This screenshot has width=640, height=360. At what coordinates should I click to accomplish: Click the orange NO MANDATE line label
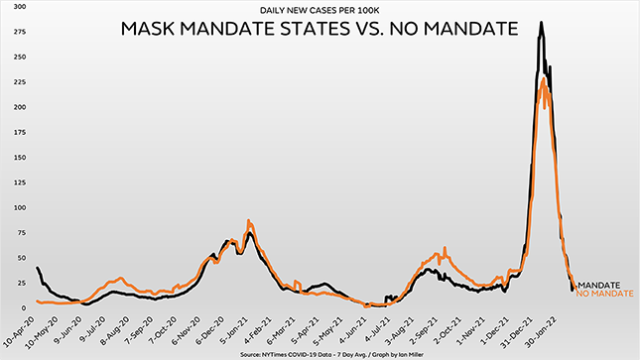[604, 295]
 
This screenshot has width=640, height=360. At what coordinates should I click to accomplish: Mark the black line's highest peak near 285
[541, 23]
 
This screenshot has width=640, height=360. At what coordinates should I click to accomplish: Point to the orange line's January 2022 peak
[543, 80]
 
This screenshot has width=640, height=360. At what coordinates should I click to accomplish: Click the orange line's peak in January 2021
[249, 220]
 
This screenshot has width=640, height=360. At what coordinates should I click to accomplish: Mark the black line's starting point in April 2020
[38, 268]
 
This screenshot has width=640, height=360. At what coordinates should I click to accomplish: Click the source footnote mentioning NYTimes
[319, 353]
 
